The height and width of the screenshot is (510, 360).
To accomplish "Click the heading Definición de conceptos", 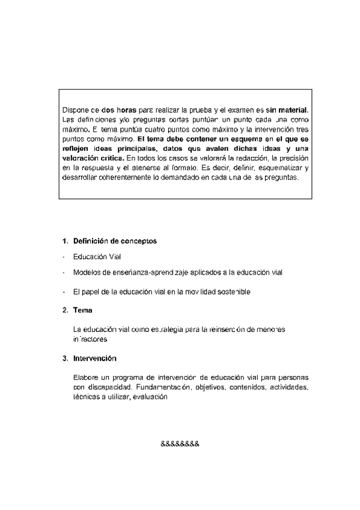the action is pyautogui.click(x=115, y=241).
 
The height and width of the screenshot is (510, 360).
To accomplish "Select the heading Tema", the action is pyautogui.click(x=82, y=310).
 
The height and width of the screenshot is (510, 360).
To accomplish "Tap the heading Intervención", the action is pyautogui.click(x=94, y=358).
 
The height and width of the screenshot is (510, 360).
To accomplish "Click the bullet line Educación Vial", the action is pyautogui.click(x=97, y=257).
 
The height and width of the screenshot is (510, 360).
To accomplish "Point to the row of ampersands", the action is pyautogui.click(x=180, y=444).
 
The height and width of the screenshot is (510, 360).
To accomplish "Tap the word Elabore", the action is pyautogui.click(x=85, y=377).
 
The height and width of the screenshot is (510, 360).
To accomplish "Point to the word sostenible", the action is pyautogui.click(x=228, y=292).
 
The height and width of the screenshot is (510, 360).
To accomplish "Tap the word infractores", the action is pyautogui.click(x=90, y=339).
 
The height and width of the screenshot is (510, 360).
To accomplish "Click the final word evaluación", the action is pyautogui.click(x=148, y=397).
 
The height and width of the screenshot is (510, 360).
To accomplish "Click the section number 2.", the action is pyautogui.click(x=64, y=310).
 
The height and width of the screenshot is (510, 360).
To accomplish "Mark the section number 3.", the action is pyautogui.click(x=64, y=358).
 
